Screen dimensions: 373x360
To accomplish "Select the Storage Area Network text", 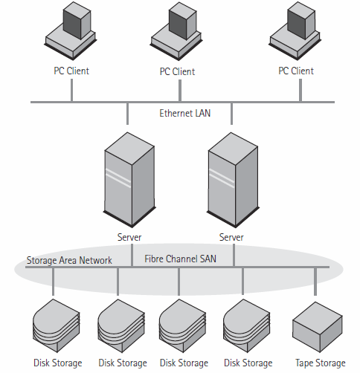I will click(x=69, y=260).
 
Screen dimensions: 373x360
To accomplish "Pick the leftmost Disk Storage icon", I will click(x=55, y=325).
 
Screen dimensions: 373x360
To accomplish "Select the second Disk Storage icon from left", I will click(x=119, y=325).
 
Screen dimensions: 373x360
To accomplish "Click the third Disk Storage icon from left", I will click(x=181, y=325).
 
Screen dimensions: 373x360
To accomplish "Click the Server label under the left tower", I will click(x=129, y=238).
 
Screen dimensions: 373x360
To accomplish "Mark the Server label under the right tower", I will click(x=231, y=238).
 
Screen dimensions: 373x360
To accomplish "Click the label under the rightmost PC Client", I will click(x=295, y=71).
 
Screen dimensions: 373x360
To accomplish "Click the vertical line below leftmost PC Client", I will click(x=71, y=89).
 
